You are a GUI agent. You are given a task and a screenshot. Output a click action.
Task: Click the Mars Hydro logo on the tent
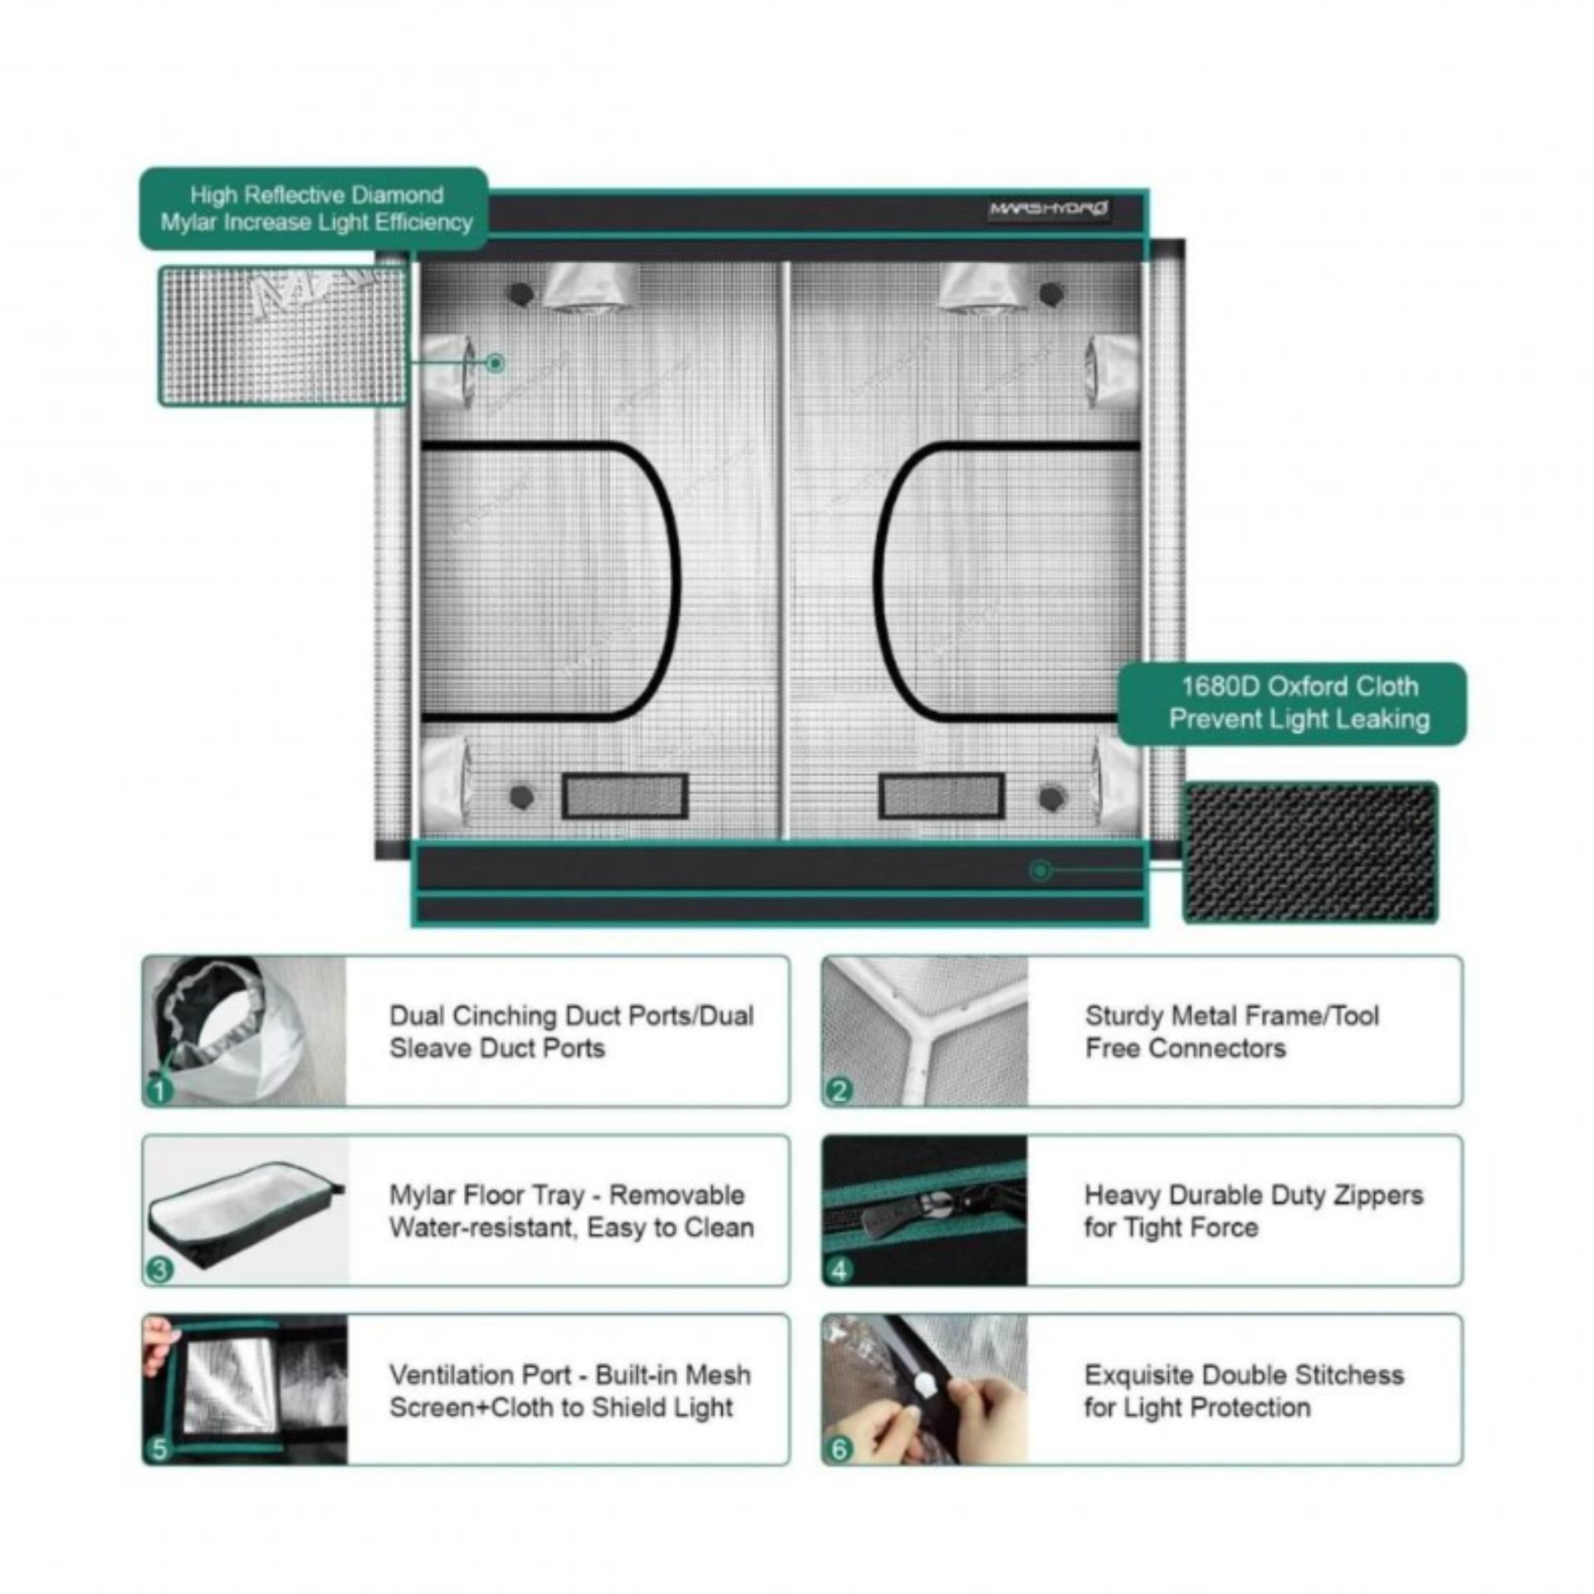pyautogui.click(x=1049, y=208)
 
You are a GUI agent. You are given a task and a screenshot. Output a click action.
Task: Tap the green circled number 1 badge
pyautogui.click(x=158, y=1090)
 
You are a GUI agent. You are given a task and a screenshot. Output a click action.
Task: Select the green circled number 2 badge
pyautogui.click(x=839, y=1090)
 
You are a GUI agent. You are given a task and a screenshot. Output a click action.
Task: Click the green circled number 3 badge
pyautogui.click(x=159, y=1270)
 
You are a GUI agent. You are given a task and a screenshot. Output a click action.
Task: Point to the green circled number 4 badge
pyautogui.click(x=839, y=1270)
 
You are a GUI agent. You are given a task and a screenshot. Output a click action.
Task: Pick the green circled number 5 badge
pyautogui.click(x=159, y=1450)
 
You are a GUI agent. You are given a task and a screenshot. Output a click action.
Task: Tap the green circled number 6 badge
pyautogui.click(x=839, y=1450)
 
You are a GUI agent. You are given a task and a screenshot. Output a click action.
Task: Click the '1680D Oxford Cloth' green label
pyautogui.click(x=1292, y=703)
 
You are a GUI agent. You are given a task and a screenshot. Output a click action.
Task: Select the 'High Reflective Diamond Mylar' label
pyautogui.click(x=314, y=208)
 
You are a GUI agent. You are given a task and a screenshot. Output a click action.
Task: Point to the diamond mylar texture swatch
pyautogui.click(x=283, y=335)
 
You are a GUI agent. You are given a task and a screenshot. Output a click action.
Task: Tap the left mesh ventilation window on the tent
pyautogui.click(x=625, y=796)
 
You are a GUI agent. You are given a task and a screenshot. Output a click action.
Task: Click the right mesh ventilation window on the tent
pyautogui.click(x=941, y=796)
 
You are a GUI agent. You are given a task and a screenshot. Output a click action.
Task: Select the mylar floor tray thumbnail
pyautogui.click(x=247, y=1210)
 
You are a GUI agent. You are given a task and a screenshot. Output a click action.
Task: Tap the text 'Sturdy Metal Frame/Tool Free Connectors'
pyautogui.click(x=1232, y=1032)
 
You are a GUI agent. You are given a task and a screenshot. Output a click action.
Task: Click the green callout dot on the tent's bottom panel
pyautogui.click(x=1039, y=871)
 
